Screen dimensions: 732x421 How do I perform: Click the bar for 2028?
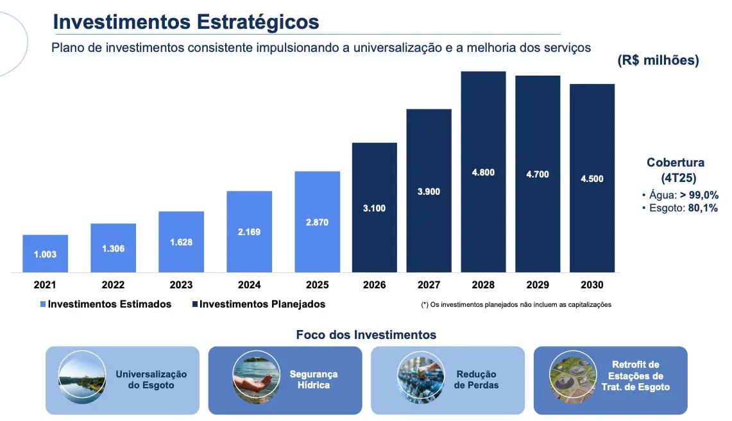point(483,172)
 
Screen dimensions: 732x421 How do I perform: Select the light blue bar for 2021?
point(46,254)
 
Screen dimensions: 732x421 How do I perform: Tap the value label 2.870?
point(317,222)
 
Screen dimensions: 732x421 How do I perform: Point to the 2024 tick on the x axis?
point(250,285)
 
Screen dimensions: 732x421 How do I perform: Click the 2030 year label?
point(592,285)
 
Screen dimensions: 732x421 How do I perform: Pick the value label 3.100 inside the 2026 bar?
point(375,208)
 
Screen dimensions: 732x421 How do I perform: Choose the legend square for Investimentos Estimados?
point(43,304)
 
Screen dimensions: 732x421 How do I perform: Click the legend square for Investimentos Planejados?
point(195,304)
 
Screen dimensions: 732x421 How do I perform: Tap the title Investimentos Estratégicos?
point(186,22)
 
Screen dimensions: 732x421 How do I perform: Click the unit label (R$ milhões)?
point(658,60)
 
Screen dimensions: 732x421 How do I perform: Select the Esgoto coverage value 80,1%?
point(702,208)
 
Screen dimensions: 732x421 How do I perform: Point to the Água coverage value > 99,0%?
point(699,195)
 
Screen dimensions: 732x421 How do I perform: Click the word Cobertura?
point(676,162)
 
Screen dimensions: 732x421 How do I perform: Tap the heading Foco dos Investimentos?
point(366,334)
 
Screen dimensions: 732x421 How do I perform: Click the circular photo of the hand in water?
point(256,377)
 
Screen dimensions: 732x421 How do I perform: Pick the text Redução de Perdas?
point(476,379)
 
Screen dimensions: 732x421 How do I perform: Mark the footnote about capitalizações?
point(516,305)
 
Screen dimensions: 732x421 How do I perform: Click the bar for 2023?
point(181,242)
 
